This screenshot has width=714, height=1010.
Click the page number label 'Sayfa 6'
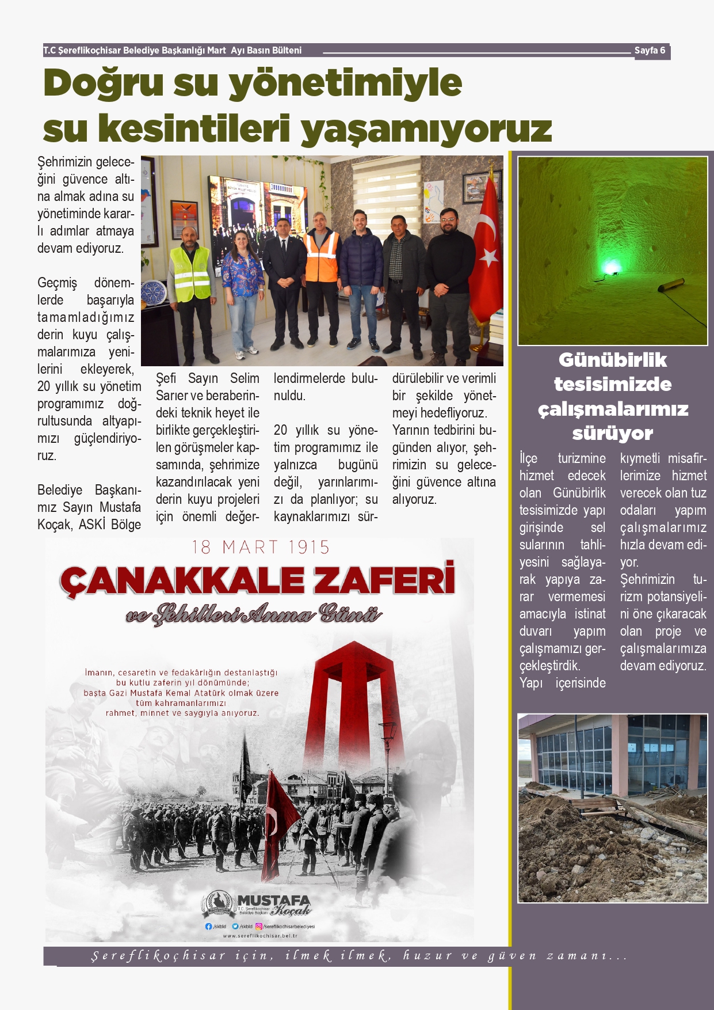pyautogui.click(x=650, y=51)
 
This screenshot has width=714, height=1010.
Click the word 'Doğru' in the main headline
pyautogui.click(x=104, y=83)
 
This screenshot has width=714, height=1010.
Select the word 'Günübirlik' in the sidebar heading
pyautogui.click(x=612, y=360)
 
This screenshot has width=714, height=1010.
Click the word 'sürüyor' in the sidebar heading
pyautogui.click(x=612, y=433)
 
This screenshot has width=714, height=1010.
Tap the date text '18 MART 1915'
pyautogui.click(x=261, y=547)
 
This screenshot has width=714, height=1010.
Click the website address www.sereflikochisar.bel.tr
pyautogui.click(x=260, y=936)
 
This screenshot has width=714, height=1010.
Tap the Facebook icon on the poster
pyautogui.click(x=208, y=927)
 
